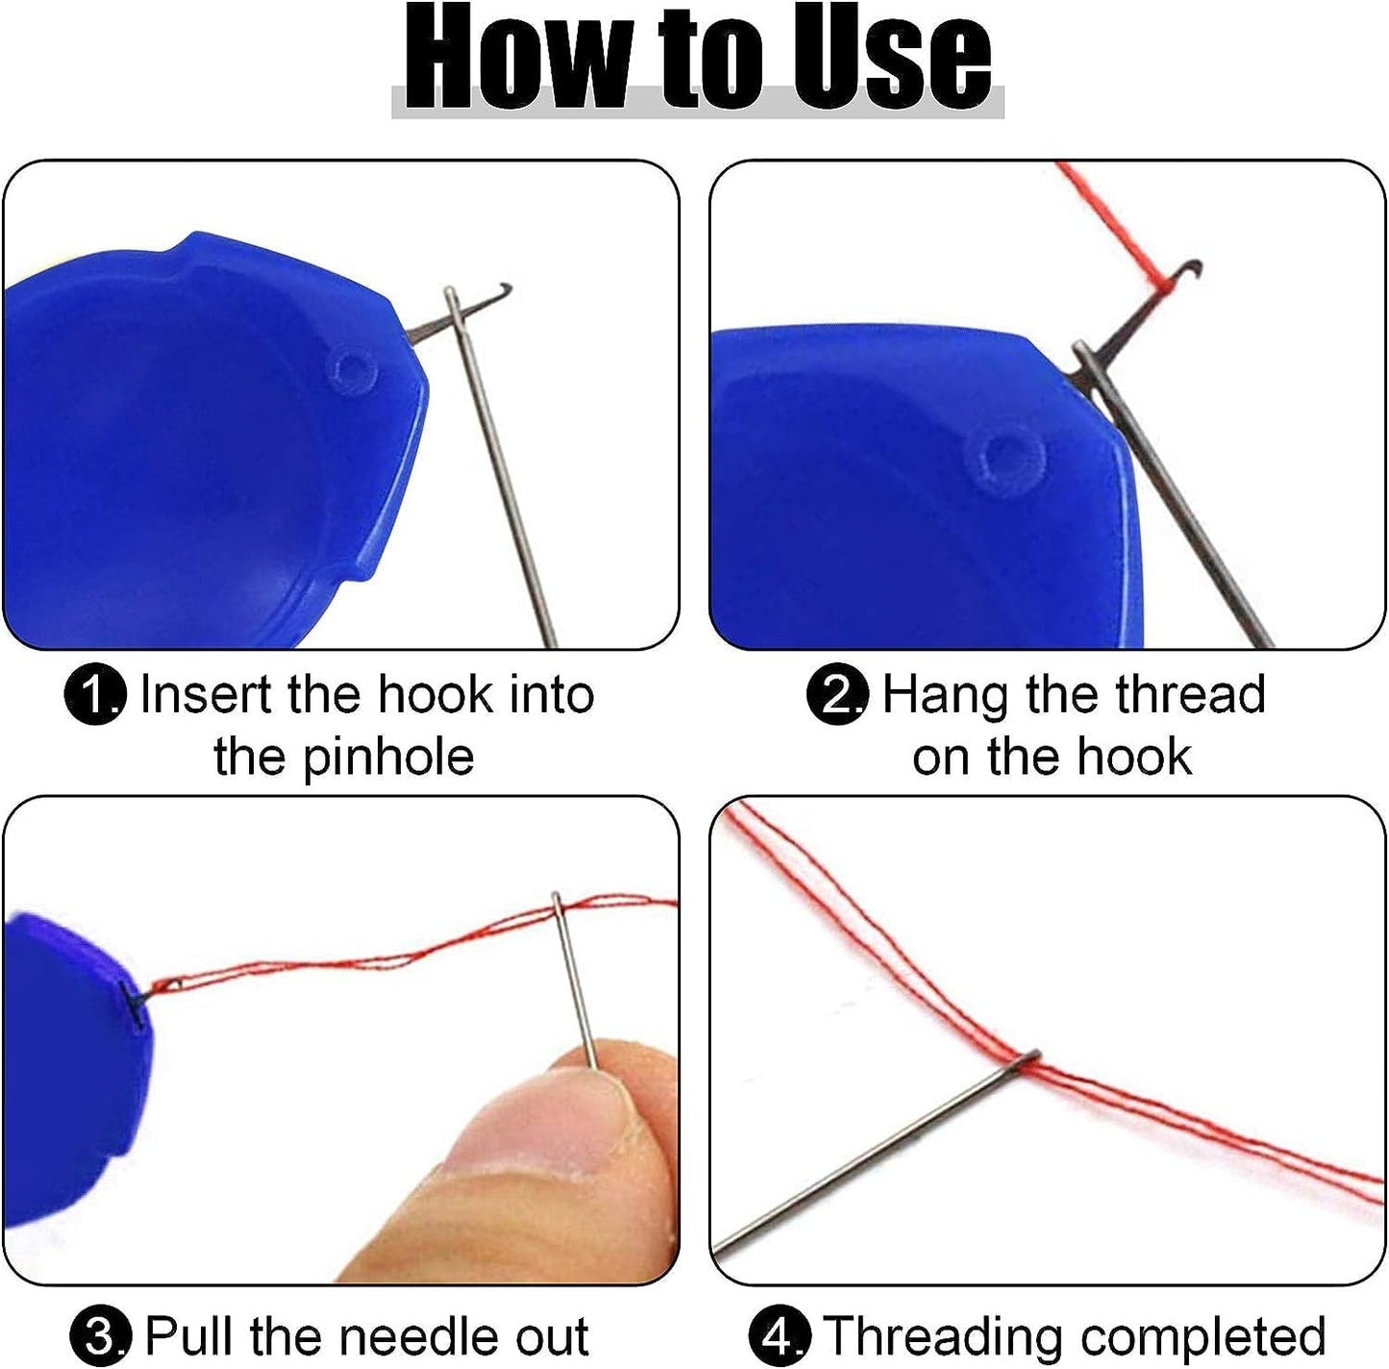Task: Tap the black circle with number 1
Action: [95, 694]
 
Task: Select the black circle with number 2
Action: [837, 694]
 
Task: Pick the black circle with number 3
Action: [101, 1336]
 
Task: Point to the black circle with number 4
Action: [780, 1336]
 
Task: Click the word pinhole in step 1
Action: [388, 757]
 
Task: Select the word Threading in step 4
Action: [943, 1336]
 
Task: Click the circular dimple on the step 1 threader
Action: [353, 371]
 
